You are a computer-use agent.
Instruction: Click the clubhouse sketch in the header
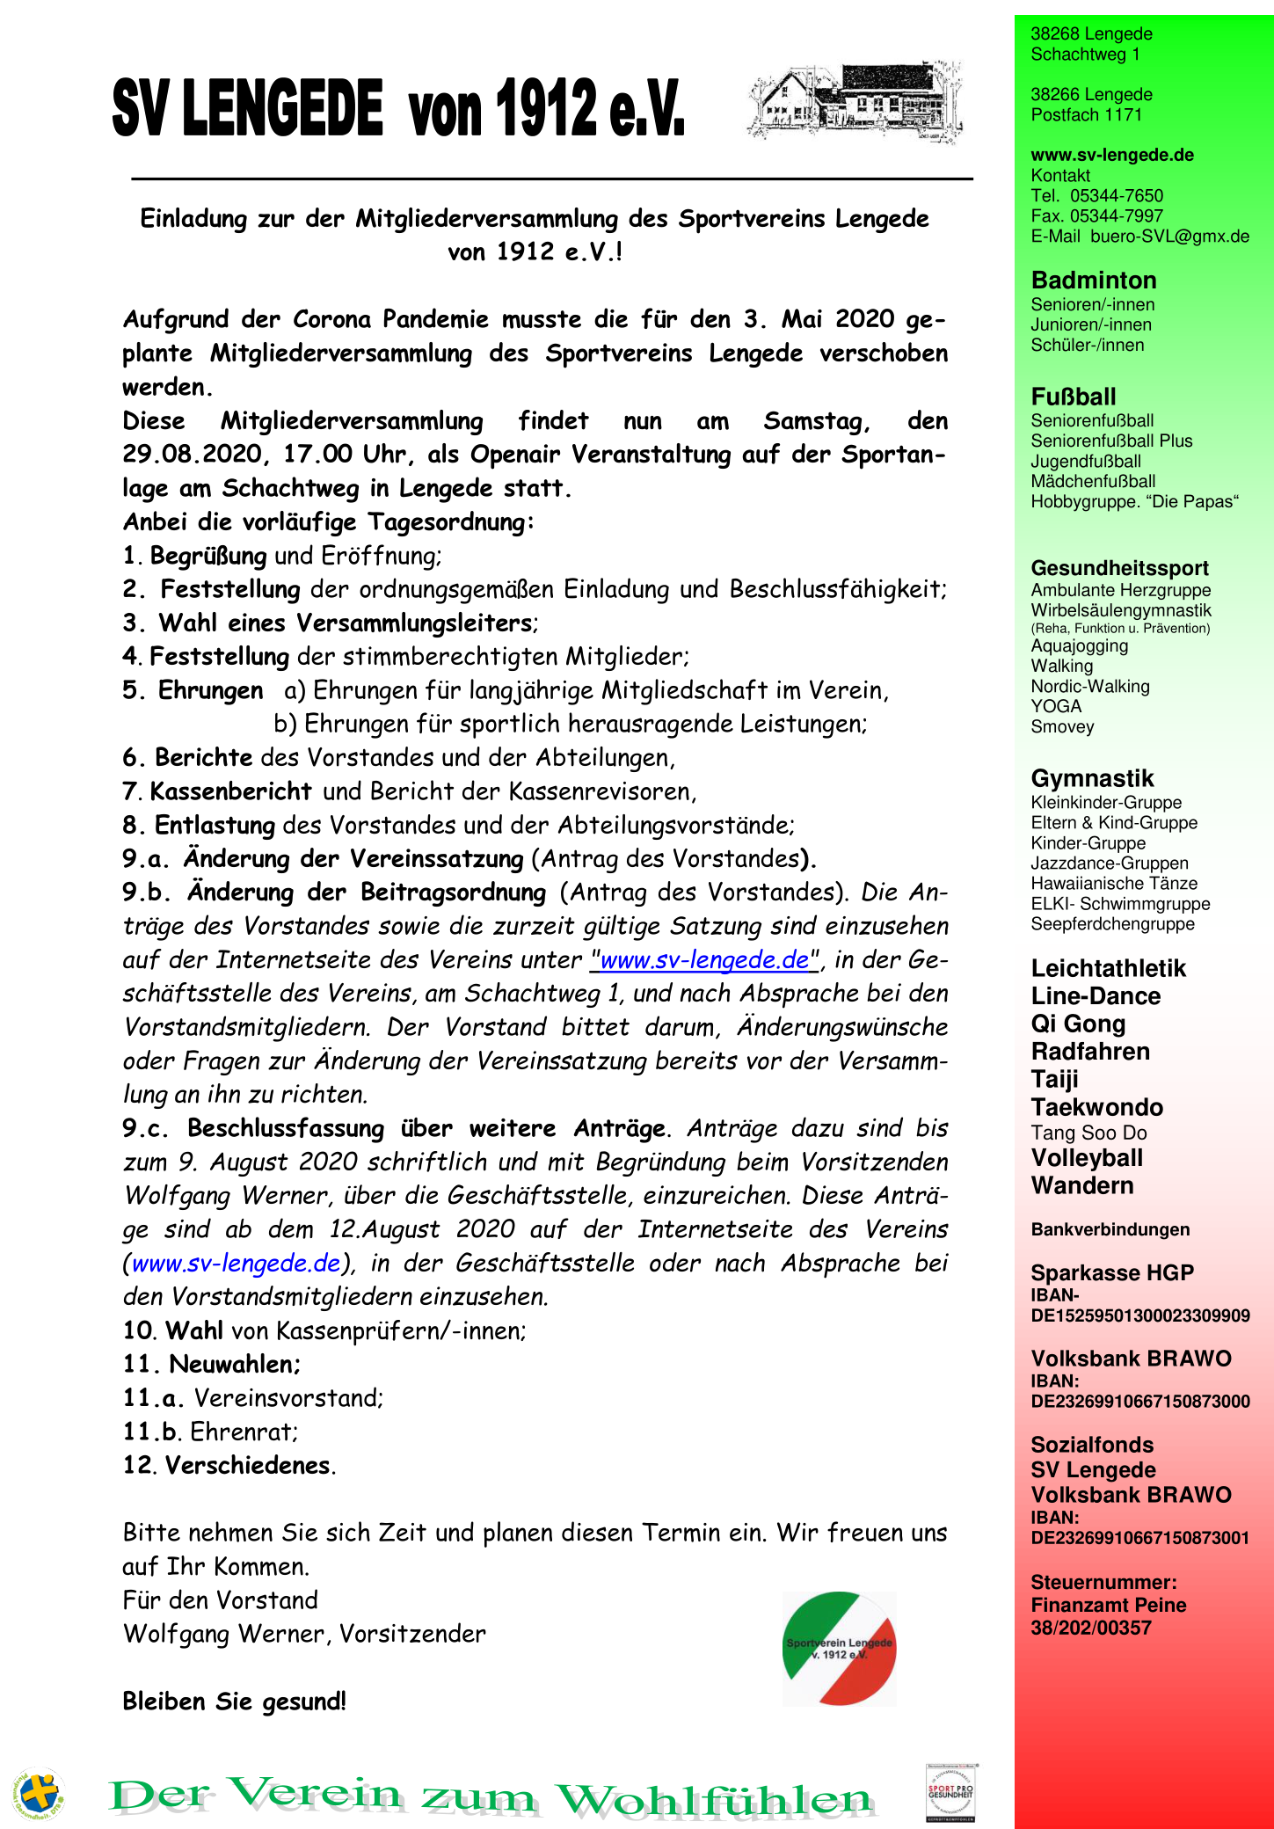pyautogui.click(x=855, y=100)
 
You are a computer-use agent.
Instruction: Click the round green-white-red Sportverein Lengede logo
pyautogui.click(x=839, y=1649)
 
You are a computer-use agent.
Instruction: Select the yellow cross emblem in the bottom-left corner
pyautogui.click(x=38, y=1794)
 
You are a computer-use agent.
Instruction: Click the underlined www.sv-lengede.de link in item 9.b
pyautogui.click(x=704, y=959)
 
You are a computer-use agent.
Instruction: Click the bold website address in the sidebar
pyautogui.click(x=1112, y=155)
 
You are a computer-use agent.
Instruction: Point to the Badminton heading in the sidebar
pyautogui.click(x=1094, y=281)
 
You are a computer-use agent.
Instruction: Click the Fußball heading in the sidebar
pyautogui.click(x=1074, y=397)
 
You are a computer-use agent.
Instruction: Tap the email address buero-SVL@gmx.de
pyautogui.click(x=1169, y=236)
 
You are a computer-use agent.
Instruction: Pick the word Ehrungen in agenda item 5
pyautogui.click(x=210, y=690)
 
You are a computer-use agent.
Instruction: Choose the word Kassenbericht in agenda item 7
pyautogui.click(x=231, y=791)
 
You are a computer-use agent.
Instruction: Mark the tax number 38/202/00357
pyautogui.click(x=1091, y=1628)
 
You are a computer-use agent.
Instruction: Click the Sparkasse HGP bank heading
pyautogui.click(x=1112, y=1272)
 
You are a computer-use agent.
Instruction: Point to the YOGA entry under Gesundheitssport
pyautogui.click(x=1056, y=706)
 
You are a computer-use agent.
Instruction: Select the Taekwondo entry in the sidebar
pyautogui.click(x=1096, y=1107)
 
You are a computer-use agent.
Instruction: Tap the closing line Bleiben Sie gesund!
pyautogui.click(x=235, y=1701)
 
